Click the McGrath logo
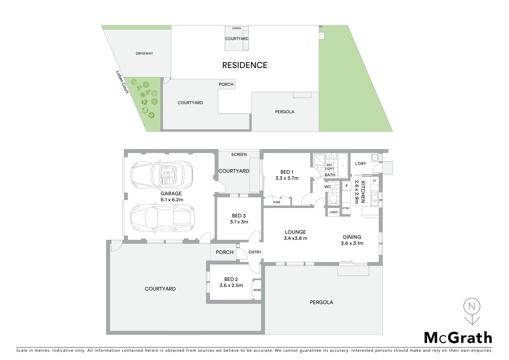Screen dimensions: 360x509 tap(458, 338)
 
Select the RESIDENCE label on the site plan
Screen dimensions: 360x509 tap(245, 65)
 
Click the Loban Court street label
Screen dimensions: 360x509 tap(122, 82)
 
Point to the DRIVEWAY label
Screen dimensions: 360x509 tap(144, 53)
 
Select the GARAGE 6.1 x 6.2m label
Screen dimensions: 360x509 tap(172, 196)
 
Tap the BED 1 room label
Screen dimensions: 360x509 tap(286, 175)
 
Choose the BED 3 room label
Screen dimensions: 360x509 tap(239, 219)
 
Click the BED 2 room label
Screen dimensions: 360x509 tap(231, 282)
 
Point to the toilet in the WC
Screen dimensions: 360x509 tap(333, 199)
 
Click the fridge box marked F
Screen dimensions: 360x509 tap(346, 186)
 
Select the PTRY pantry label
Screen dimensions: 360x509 tap(346, 208)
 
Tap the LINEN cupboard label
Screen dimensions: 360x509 tap(333, 212)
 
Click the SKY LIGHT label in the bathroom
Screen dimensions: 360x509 tap(329, 167)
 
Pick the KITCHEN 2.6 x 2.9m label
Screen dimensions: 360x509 tap(360, 192)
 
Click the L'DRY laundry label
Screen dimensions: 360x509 tap(360, 164)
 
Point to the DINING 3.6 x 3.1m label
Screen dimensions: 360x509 tap(352, 240)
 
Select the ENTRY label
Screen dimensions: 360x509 tap(255, 252)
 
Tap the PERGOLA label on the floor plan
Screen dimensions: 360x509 tap(321, 302)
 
